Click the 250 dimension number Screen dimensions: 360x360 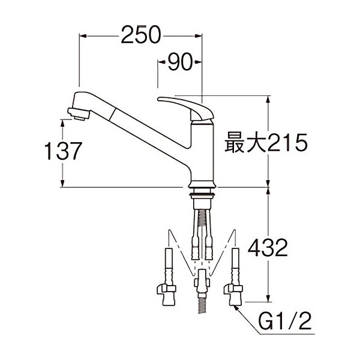(x=140, y=35)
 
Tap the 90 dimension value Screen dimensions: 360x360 (x=180, y=62)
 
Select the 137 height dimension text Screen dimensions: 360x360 (x=63, y=151)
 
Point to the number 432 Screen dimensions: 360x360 (x=268, y=248)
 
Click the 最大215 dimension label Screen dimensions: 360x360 (x=266, y=142)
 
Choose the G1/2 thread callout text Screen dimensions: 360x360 (x=285, y=321)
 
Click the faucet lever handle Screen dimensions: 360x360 (x=185, y=108)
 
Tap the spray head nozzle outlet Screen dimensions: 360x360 (x=78, y=114)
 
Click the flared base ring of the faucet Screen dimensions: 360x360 (x=202, y=184)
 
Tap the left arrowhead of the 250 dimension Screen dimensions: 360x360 (x=83, y=36)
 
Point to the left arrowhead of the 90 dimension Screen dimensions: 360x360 (x=161, y=62)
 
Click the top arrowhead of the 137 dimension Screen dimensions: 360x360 (x=62, y=124)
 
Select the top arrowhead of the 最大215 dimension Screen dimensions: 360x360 (x=268, y=100)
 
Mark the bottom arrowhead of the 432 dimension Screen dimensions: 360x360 (x=268, y=298)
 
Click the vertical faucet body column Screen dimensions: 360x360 (x=202, y=152)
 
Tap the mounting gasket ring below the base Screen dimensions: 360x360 (x=202, y=196)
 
